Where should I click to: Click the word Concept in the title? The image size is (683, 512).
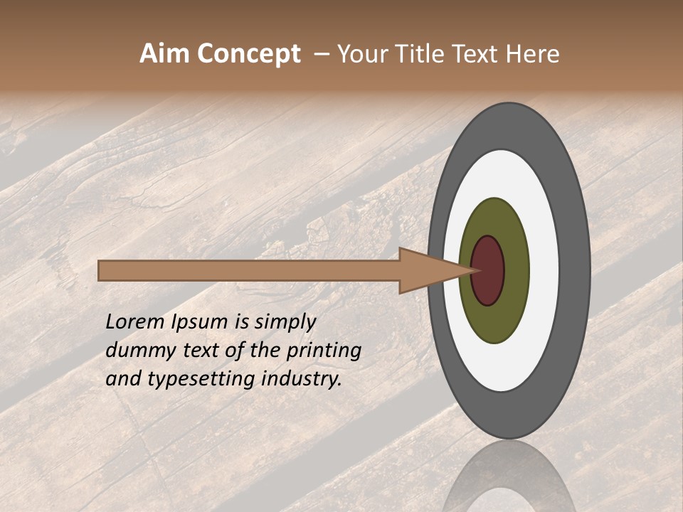pos(248,54)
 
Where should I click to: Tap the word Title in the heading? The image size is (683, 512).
pos(419,54)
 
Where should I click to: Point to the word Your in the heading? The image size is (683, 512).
pos(360,54)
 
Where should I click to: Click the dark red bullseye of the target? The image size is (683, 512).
pos(489,271)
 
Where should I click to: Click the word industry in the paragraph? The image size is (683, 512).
pos(299,379)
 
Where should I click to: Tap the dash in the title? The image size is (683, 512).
pos(322,55)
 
